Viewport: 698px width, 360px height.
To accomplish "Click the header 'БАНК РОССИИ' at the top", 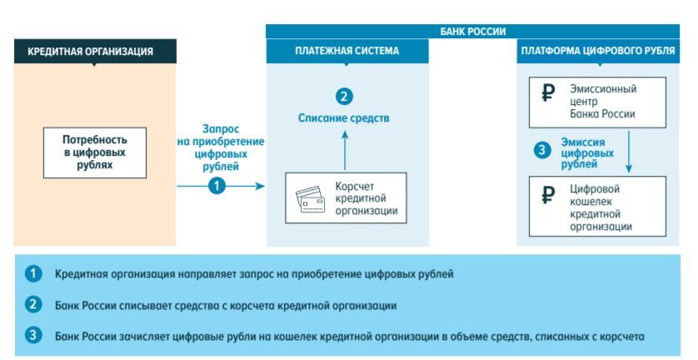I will (472, 30).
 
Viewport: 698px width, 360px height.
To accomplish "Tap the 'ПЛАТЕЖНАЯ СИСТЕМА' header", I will (347, 52).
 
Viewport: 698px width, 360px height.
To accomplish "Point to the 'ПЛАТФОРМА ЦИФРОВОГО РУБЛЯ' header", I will (598, 52).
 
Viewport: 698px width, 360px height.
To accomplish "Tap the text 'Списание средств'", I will (344, 118).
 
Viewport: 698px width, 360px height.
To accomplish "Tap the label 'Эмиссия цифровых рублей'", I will (582, 152).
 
